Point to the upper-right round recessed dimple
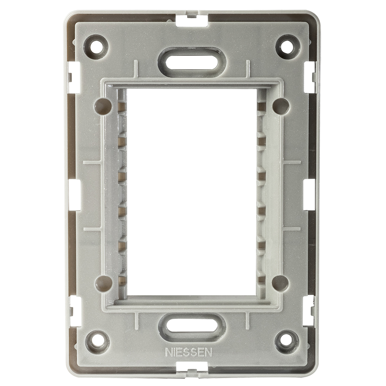click(281, 106)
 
